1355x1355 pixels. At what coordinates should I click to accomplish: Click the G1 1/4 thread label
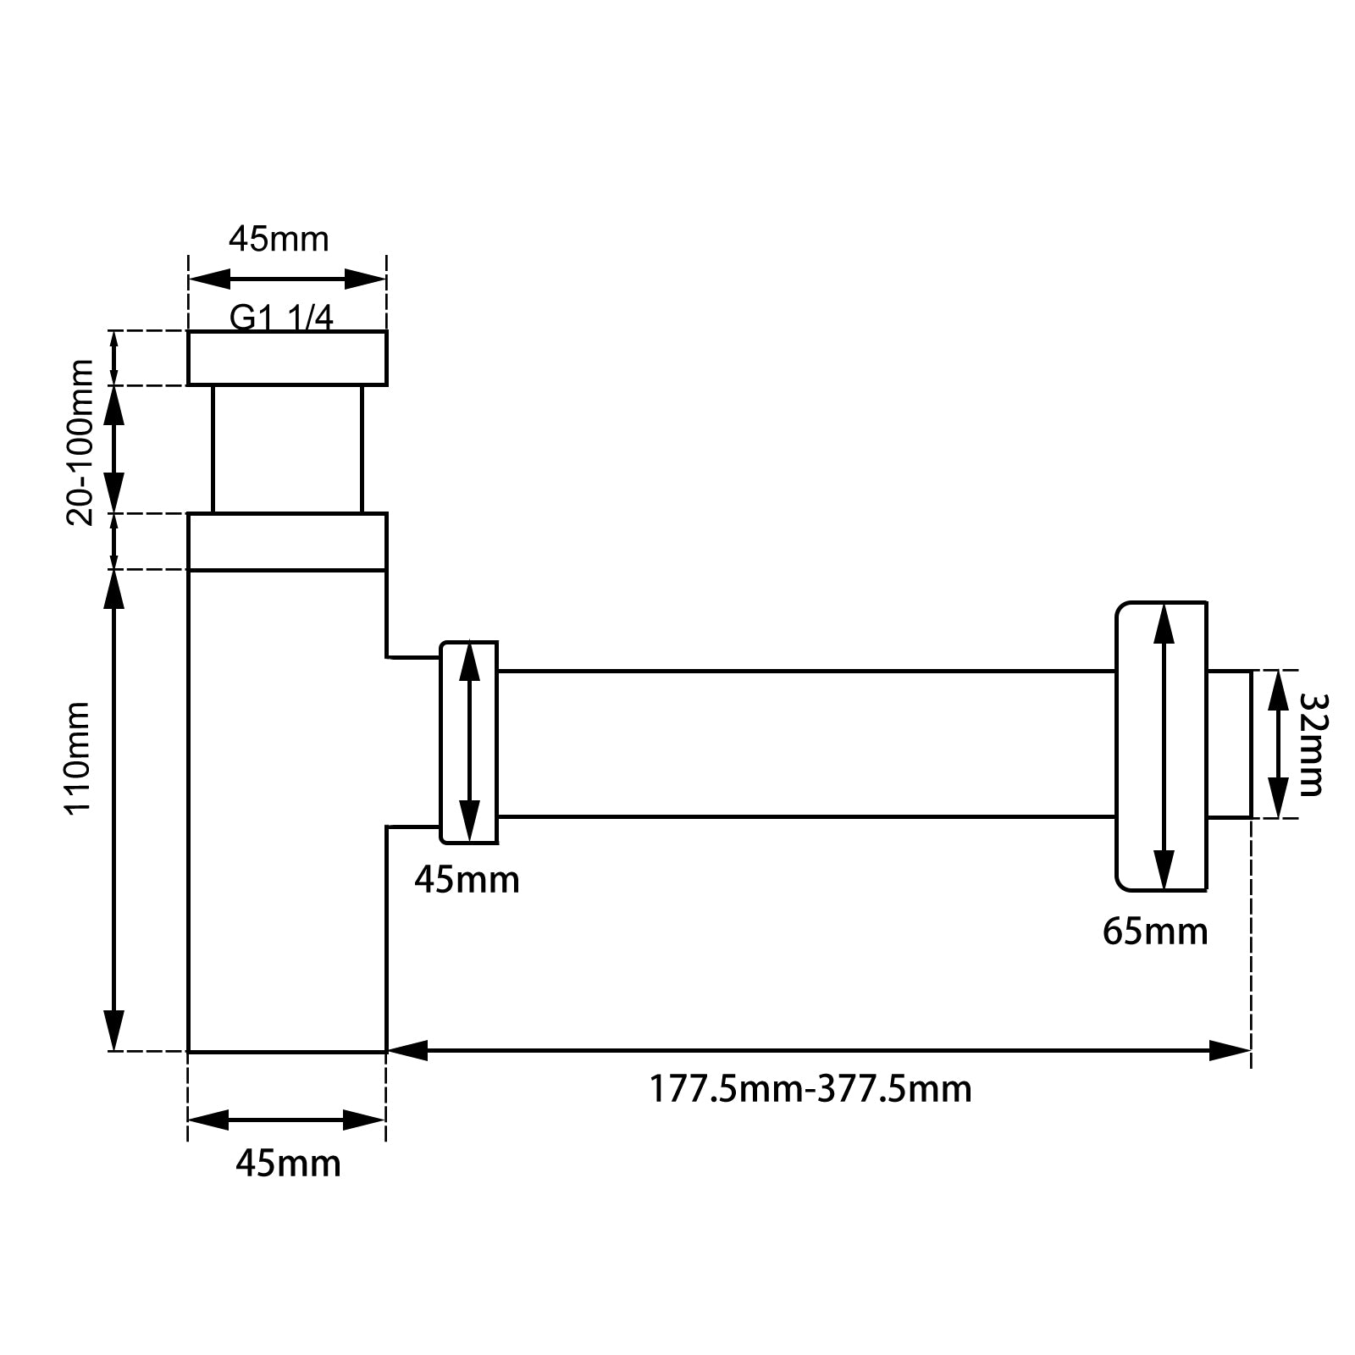[281, 318]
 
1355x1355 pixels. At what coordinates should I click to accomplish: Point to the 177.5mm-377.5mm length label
[810, 1088]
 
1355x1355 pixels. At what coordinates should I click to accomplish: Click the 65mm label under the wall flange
[1155, 932]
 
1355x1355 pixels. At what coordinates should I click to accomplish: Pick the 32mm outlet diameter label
[1310, 744]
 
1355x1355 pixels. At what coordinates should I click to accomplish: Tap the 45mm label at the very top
[279, 240]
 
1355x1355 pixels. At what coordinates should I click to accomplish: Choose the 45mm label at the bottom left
[288, 1164]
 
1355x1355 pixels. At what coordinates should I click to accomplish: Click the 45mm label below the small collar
[467, 881]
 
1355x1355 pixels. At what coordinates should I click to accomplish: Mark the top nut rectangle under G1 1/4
[287, 358]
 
